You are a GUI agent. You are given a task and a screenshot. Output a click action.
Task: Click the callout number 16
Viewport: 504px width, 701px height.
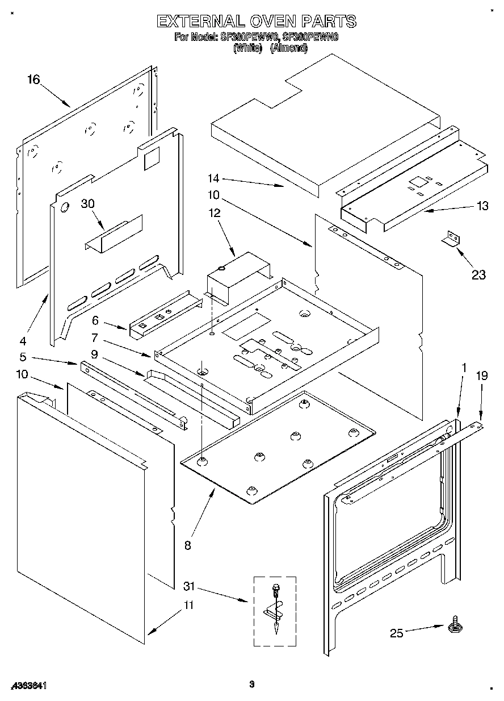(33, 80)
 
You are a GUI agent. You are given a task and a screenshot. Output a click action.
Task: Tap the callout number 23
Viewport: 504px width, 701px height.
(479, 275)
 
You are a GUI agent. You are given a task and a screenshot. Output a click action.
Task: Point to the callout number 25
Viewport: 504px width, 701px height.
(396, 633)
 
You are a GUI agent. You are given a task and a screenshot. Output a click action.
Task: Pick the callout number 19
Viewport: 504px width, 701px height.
(481, 375)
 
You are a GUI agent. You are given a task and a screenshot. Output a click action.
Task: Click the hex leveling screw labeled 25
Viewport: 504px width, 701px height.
(455, 626)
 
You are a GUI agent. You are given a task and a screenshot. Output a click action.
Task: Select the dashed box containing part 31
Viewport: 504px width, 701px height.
(275, 611)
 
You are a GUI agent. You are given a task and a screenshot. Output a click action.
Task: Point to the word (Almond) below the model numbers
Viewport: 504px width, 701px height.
(289, 49)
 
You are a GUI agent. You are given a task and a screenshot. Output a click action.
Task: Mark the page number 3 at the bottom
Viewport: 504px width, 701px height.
(251, 685)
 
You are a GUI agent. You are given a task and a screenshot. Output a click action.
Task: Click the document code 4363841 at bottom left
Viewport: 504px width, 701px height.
(27, 686)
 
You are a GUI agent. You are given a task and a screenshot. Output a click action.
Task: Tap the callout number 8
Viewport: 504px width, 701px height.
(188, 546)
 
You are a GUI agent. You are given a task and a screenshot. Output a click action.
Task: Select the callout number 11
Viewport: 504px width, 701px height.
(188, 606)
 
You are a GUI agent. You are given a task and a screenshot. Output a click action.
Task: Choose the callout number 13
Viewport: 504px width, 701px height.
(482, 206)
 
